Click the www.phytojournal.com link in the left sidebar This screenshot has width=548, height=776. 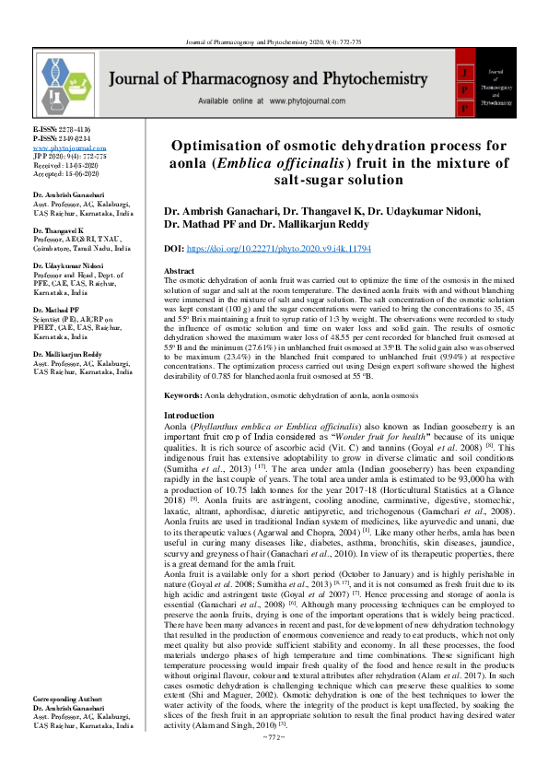[64, 147]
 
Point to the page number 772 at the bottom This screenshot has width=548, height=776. [274, 764]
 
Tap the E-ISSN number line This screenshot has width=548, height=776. [62, 130]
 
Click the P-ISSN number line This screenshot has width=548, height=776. [62, 139]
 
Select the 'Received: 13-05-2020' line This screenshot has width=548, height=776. [69, 165]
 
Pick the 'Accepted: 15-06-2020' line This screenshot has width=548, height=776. [69, 174]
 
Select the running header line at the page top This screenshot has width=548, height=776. [274, 17]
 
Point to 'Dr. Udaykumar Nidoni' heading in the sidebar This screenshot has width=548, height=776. [69, 265]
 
